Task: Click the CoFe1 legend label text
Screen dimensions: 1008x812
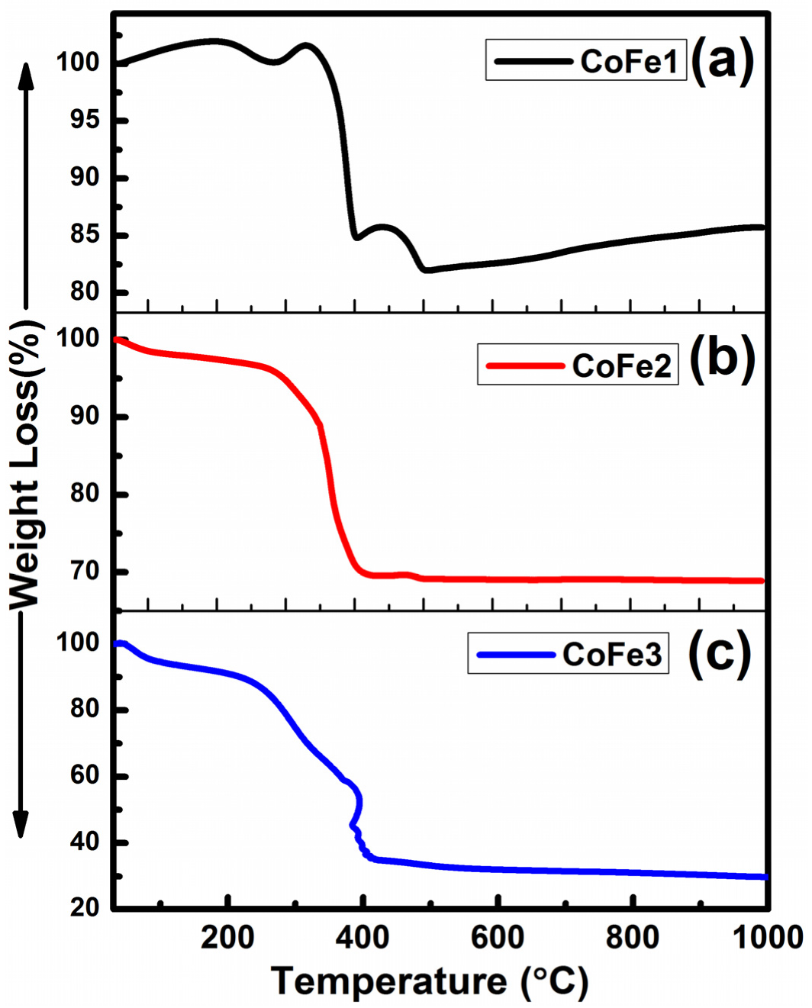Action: click(629, 61)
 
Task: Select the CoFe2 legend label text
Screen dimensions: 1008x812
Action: click(621, 366)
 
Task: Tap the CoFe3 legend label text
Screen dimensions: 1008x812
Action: click(611, 655)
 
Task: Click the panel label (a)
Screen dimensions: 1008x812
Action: click(722, 60)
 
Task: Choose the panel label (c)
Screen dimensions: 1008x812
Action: click(719, 653)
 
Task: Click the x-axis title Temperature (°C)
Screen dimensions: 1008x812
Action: click(430, 981)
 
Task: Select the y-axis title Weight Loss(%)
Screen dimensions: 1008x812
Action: click(24, 465)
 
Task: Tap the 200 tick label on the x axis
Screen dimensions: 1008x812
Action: click(227, 937)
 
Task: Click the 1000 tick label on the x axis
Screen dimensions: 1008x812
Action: click(768, 937)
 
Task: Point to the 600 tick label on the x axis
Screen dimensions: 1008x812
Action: click(498, 937)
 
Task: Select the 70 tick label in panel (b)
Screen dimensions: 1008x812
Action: click(85, 571)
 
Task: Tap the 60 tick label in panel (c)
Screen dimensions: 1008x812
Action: click(85, 775)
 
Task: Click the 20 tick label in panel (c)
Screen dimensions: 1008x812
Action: click(85, 907)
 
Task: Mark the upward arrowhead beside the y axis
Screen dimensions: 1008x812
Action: click(26, 76)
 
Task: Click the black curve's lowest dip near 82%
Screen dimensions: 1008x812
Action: click(426, 269)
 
